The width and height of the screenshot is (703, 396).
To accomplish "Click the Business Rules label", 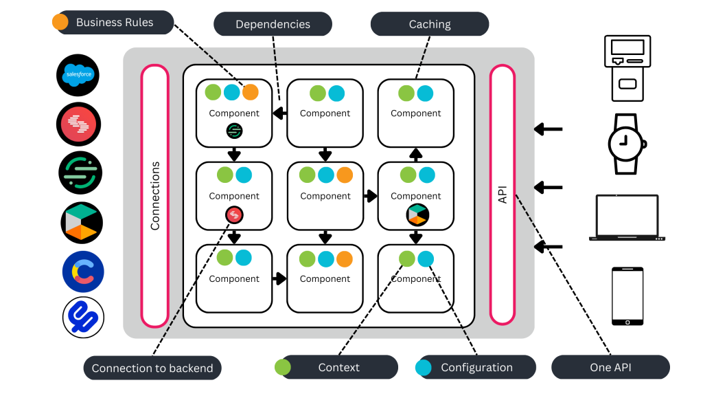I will (x=115, y=22).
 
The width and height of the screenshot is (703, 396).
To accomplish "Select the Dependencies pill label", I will (x=273, y=24).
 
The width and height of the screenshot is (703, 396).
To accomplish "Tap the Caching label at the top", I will (x=430, y=24).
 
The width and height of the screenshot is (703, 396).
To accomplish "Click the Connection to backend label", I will (x=152, y=368).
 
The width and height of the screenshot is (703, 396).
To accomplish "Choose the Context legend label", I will (x=338, y=367).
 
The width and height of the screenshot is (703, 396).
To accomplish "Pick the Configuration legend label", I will (x=476, y=367).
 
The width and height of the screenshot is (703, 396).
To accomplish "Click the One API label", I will (x=610, y=367).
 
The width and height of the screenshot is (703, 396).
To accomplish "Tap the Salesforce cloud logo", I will (x=78, y=74).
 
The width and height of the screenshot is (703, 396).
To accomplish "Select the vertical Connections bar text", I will (x=155, y=196).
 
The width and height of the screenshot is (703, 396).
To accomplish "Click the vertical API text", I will (x=503, y=195).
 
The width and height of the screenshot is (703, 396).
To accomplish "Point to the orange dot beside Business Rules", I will (x=60, y=22).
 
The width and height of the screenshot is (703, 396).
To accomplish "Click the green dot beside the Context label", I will (x=282, y=367).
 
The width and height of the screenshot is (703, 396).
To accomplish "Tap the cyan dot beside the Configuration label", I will (x=424, y=367).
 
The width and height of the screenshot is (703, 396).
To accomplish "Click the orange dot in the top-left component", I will (x=251, y=92).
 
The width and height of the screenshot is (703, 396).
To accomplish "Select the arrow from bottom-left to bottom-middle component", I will (x=279, y=278).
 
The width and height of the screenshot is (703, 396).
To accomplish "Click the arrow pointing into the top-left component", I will (x=279, y=113).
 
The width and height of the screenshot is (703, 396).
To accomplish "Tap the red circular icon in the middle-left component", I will (x=234, y=215).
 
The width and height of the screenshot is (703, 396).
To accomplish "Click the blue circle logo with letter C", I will (x=83, y=272).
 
